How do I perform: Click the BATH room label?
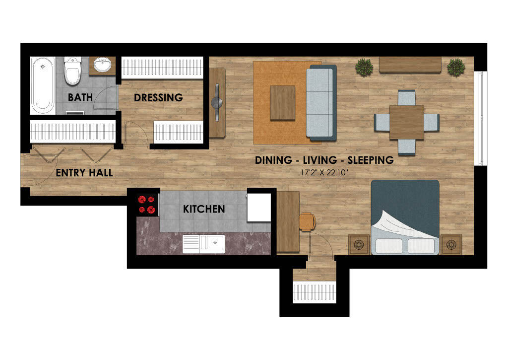(80, 97)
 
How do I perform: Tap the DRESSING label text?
(158, 97)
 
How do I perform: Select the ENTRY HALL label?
(84, 173)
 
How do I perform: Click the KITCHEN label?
(204, 209)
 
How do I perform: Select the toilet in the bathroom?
(72, 72)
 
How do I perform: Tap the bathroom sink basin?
(103, 65)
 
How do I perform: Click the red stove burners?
(147, 204)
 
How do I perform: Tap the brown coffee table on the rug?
(282, 102)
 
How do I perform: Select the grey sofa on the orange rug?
(320, 102)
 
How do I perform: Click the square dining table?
(406, 122)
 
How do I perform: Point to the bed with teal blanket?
(405, 216)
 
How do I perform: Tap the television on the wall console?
(217, 102)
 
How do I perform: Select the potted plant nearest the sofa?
(365, 67)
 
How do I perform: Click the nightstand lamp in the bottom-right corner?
(450, 244)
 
